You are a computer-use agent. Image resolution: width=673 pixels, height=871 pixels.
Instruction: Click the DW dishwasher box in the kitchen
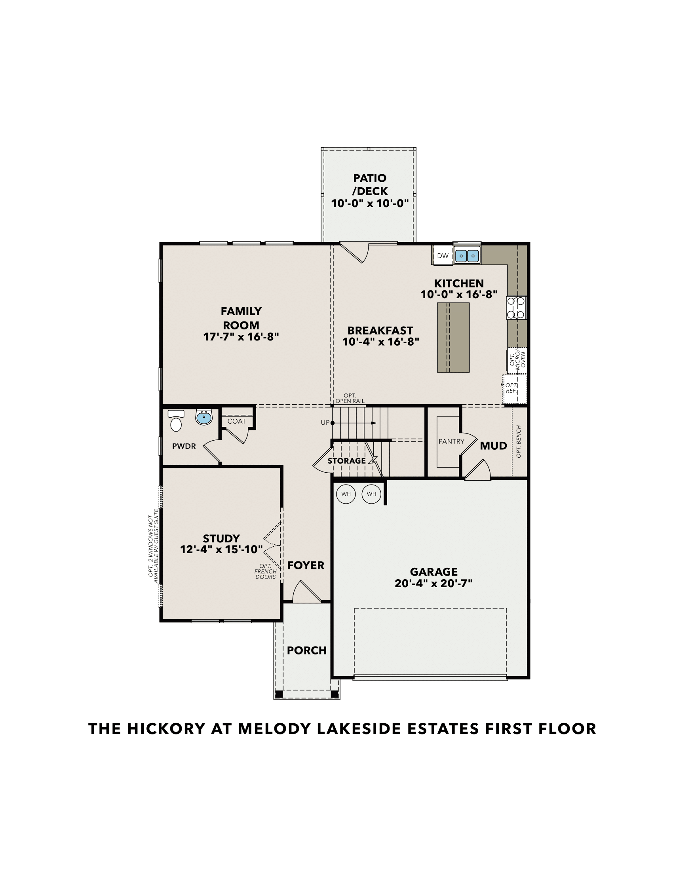point(443,256)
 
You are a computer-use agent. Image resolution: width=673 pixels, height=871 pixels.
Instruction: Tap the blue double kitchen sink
point(467,256)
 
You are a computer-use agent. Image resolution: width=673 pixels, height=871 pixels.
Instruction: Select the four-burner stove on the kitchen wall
point(516,308)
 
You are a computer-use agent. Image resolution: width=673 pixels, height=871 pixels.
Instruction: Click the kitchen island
point(453,337)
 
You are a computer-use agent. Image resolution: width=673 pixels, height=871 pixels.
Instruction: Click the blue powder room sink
point(204,418)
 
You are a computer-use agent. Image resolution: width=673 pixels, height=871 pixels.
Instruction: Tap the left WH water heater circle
point(346,494)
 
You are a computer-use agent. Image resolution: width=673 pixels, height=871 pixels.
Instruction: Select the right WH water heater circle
point(371,494)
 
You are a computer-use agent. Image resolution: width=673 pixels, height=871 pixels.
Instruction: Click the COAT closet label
point(236,421)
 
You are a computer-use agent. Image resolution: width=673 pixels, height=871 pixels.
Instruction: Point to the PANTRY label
point(451,441)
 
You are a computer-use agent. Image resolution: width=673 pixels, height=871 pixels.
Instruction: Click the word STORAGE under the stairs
point(346,461)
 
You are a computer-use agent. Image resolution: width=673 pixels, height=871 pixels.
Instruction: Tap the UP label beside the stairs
point(325,423)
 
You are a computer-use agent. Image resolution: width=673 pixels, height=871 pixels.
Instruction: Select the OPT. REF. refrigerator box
point(513,388)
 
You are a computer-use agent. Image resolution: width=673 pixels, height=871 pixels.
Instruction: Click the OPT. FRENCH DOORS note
point(265,571)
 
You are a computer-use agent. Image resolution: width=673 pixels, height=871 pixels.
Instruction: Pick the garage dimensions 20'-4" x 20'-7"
point(433,584)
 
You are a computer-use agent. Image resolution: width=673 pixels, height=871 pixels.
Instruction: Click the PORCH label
point(306,650)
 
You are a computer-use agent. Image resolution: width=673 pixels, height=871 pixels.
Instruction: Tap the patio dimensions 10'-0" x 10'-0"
point(370,204)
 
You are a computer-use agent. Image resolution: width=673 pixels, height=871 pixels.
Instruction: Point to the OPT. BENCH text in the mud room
point(519,441)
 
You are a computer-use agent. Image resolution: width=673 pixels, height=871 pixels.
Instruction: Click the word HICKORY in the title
point(166,728)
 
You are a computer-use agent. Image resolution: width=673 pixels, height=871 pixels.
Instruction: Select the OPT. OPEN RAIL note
point(350,398)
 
